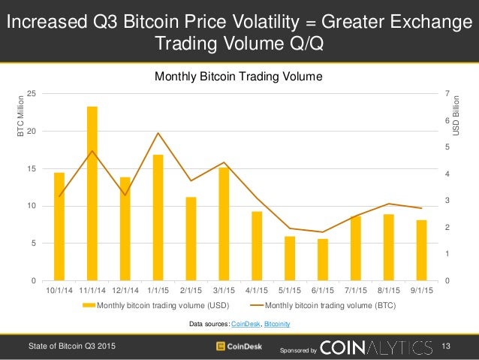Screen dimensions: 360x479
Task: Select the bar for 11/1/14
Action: point(92,194)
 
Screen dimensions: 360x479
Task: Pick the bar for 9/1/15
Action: point(421,250)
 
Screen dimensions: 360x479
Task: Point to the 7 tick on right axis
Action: point(447,93)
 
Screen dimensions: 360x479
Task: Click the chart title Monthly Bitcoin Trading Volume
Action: point(238,76)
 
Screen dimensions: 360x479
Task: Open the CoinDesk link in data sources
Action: point(246,323)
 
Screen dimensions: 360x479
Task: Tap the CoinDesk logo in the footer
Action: point(239,346)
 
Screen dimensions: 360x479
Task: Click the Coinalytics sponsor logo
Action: point(376,346)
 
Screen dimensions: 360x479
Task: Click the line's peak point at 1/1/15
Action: point(158,133)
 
